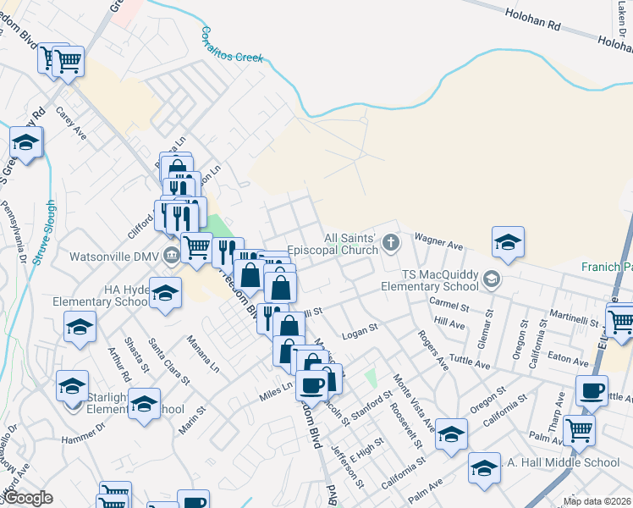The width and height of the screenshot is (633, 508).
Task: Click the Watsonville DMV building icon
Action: coord(172,256)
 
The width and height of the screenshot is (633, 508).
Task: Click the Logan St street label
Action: coord(359,336)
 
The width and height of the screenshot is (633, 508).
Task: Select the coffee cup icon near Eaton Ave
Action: coord(592,390)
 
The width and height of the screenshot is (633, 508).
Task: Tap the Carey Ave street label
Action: coord(71,124)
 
